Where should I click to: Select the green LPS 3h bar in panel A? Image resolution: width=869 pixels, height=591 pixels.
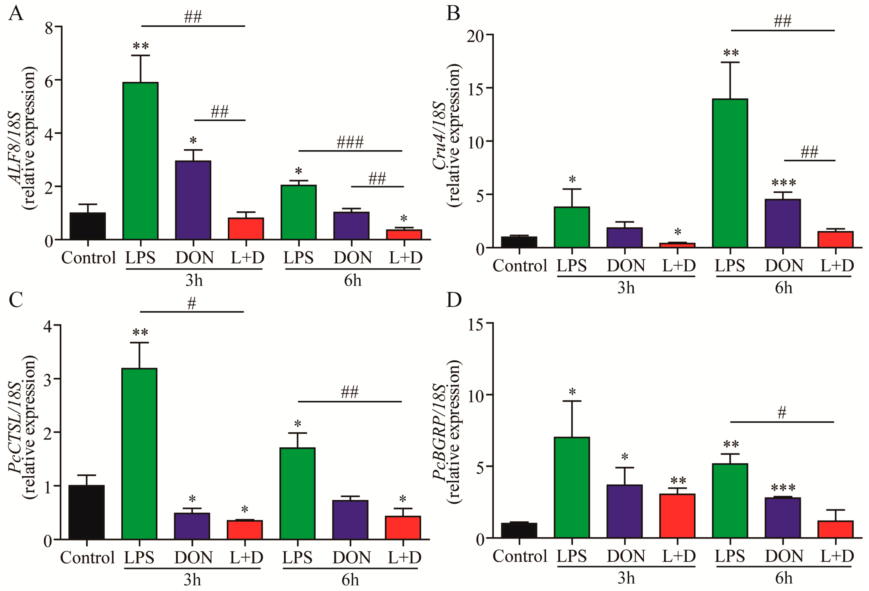click(x=141, y=161)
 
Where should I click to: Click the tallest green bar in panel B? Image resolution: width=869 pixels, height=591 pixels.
click(x=730, y=173)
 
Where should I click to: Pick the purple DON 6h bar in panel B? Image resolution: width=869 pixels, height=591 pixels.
click(x=783, y=223)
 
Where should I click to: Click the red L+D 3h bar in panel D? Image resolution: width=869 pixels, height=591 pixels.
click(x=677, y=516)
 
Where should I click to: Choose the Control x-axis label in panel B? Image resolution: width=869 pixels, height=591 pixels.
click(x=519, y=266)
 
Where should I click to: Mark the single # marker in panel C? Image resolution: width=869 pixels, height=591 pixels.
click(x=191, y=304)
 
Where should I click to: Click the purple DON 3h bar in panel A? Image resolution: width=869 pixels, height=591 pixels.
click(x=193, y=200)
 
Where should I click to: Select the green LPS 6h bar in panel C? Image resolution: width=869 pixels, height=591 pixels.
click(x=298, y=493)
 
